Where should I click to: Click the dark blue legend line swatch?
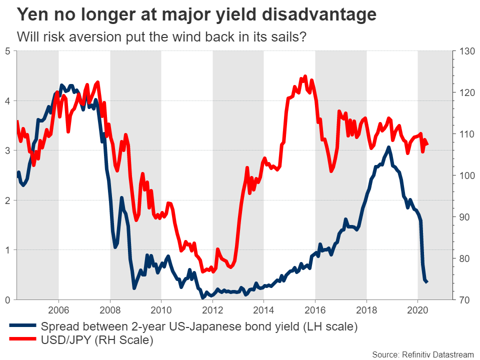(22, 327)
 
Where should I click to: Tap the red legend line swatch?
(22, 340)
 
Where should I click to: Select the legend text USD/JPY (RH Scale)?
(96, 340)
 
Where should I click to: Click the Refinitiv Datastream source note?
(422, 354)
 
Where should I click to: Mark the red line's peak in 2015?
(304, 76)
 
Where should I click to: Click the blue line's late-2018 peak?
(388, 147)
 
